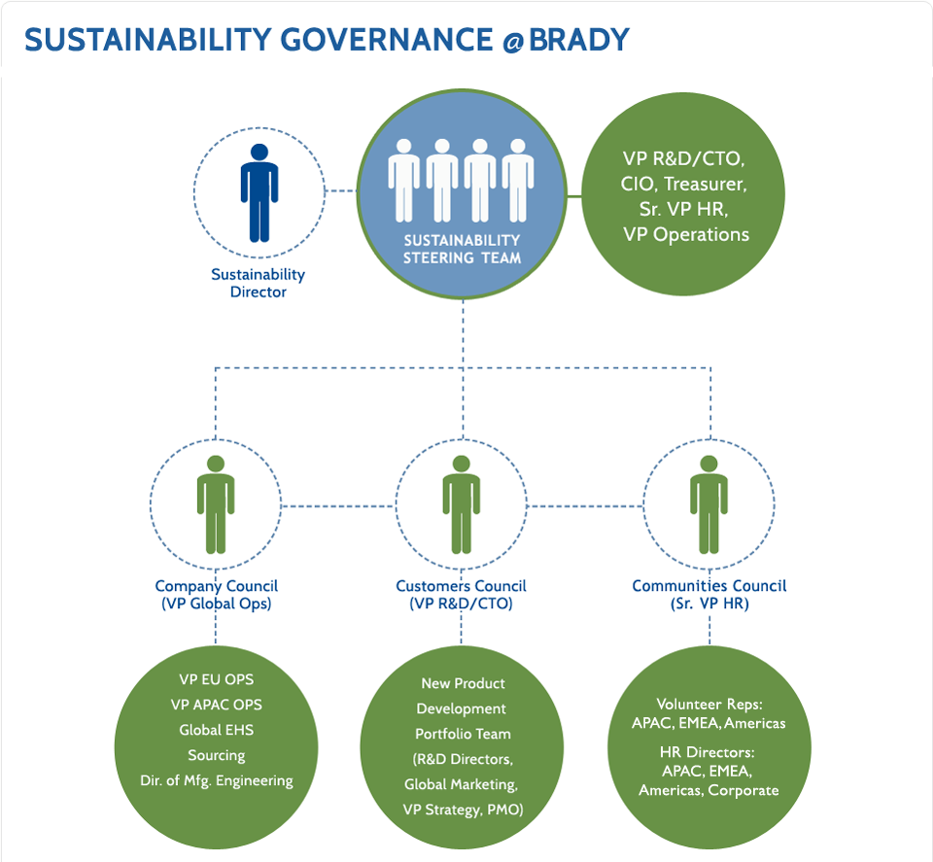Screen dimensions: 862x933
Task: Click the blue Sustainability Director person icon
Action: coord(259,193)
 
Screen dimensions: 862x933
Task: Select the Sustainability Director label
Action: coord(258,283)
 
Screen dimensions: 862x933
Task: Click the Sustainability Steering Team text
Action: coord(462,249)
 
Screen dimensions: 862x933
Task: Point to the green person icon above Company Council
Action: coord(216,503)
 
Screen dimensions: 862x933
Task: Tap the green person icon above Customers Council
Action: coord(462,503)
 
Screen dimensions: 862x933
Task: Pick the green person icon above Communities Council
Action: coord(708,503)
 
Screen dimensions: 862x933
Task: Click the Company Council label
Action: coord(216,586)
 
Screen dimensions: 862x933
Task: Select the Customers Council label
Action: coord(461,586)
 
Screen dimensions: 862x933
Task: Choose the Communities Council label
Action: coord(708,586)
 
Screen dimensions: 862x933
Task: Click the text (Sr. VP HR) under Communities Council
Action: coord(708,603)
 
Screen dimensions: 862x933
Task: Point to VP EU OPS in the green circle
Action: coord(216,679)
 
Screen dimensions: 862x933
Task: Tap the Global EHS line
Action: coord(216,730)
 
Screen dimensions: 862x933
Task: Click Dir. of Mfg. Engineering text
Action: coord(216,780)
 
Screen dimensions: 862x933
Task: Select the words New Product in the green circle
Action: coord(463,684)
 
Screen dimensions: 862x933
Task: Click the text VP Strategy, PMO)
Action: coord(463,810)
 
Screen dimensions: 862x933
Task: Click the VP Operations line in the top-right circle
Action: coord(686,234)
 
